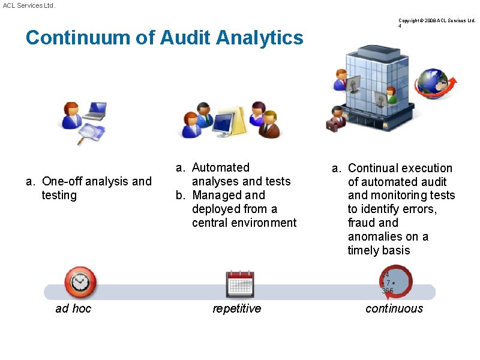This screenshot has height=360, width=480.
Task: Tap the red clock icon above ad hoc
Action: pyautogui.click(x=80, y=282)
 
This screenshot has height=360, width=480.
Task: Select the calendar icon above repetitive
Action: pyautogui.click(x=239, y=284)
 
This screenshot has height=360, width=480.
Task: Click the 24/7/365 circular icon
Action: pyautogui.click(x=395, y=283)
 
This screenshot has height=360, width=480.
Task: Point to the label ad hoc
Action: pyautogui.click(x=73, y=308)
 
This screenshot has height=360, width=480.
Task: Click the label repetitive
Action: pyautogui.click(x=237, y=308)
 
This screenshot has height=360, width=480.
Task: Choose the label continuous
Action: pyautogui.click(x=394, y=308)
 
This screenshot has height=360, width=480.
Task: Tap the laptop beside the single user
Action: pyautogui.click(x=95, y=110)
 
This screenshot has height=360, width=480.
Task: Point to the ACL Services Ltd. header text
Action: pyautogui.click(x=29, y=5)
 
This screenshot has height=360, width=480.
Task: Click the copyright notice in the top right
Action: pyautogui.click(x=436, y=20)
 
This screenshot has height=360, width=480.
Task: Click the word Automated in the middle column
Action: pyautogui.click(x=220, y=167)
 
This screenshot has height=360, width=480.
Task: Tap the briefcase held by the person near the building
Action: pyautogui.click(x=332, y=125)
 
